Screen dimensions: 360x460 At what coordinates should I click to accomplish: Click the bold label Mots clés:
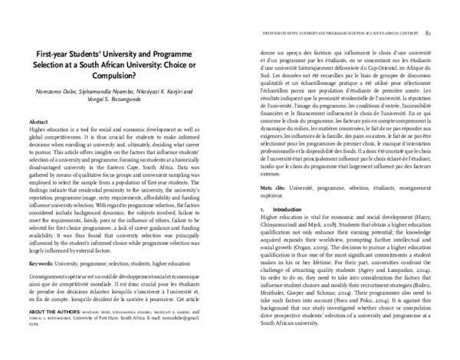point(274,185)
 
